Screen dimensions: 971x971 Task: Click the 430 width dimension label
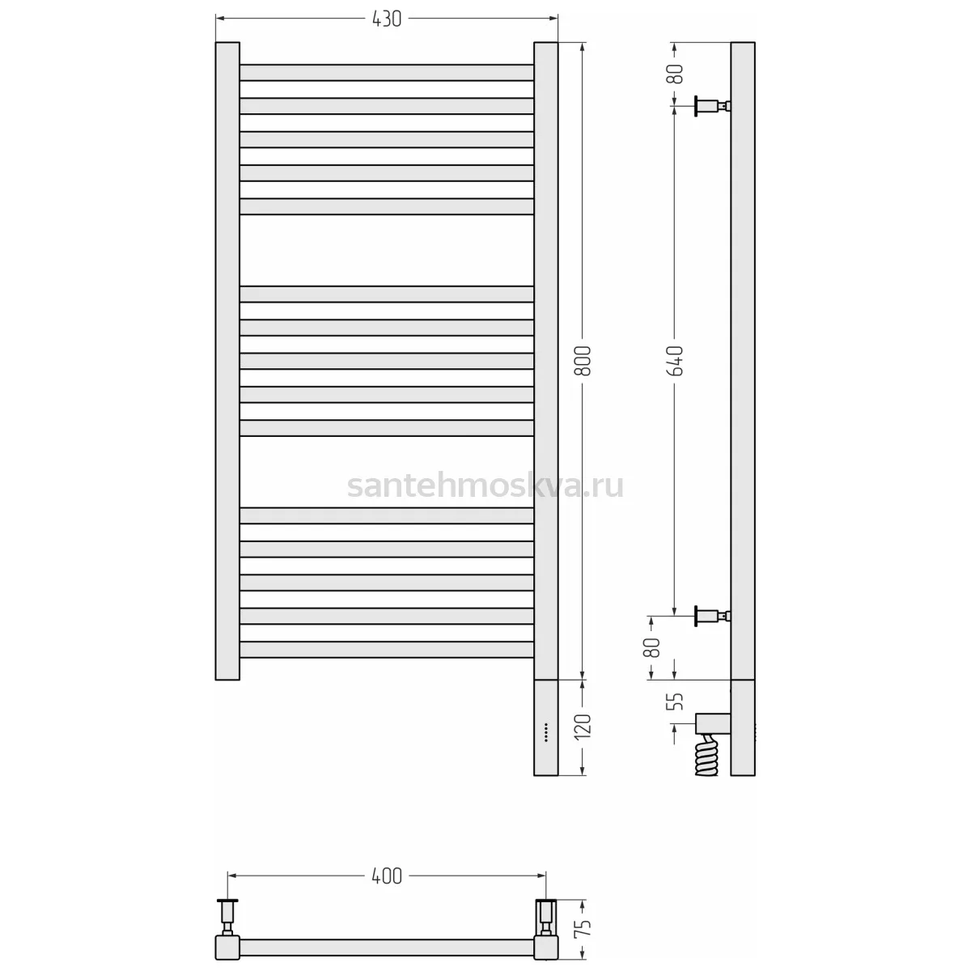387,19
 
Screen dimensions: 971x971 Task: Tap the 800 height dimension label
583,361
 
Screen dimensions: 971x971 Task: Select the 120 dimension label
583,727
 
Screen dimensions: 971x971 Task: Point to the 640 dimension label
675,361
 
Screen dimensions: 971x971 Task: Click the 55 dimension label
675,702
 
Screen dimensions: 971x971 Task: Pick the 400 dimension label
387,876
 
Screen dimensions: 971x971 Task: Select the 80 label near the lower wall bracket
652,648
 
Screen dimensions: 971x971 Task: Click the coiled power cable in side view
706,756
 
